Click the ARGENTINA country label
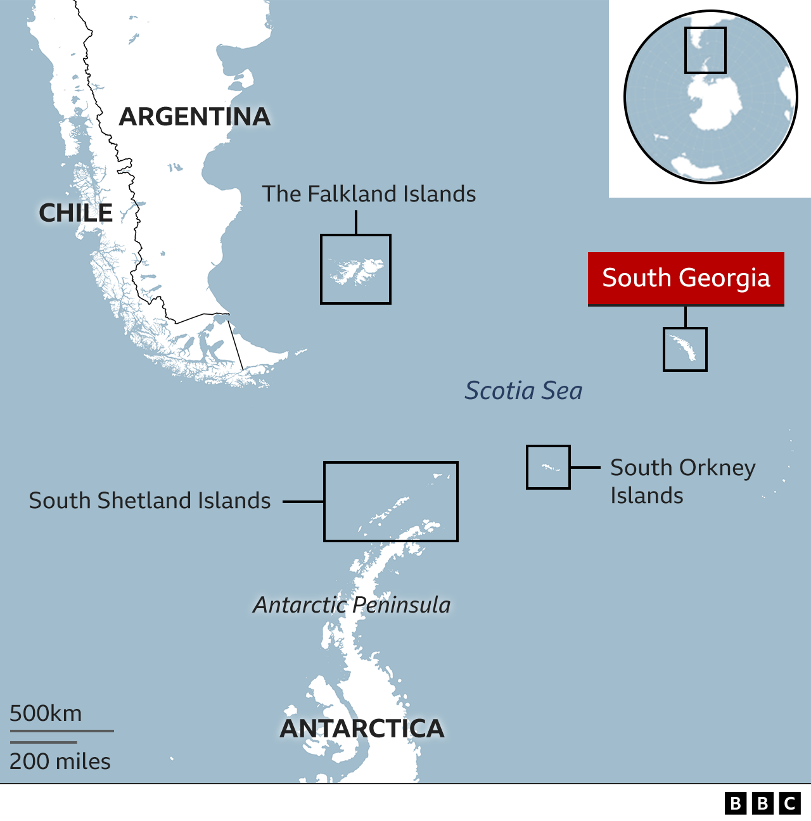pos(195,117)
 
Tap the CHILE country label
pos(76,213)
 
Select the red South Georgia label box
pos(686,278)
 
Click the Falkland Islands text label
pos(369,194)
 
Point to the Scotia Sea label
pos(523,391)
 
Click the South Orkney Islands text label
pos(682,481)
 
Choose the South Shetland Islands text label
pos(150,500)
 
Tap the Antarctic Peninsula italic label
pos(352,605)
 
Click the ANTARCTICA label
pos(362,729)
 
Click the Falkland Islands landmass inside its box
pos(357,271)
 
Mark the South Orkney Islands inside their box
pos(549,468)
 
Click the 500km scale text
pos(46,713)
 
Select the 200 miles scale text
pos(60,761)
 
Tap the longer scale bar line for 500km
pos(61,731)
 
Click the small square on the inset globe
pos(705,50)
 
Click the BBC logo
pos(762,803)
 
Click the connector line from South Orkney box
pos(585,468)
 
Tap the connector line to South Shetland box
pos(303,502)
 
